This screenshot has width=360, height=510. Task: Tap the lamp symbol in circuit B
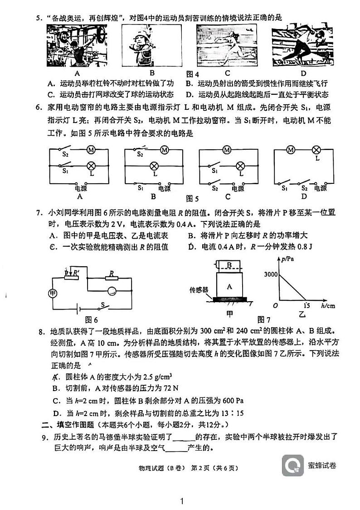[154, 166]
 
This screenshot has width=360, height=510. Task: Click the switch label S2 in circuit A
[65, 155]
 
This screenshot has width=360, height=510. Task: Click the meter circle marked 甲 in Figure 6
[53, 293]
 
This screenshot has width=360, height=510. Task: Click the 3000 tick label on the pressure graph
[270, 275]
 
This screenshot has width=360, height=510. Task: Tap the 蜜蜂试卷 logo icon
[292, 465]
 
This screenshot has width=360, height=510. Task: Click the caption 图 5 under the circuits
[192, 199]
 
